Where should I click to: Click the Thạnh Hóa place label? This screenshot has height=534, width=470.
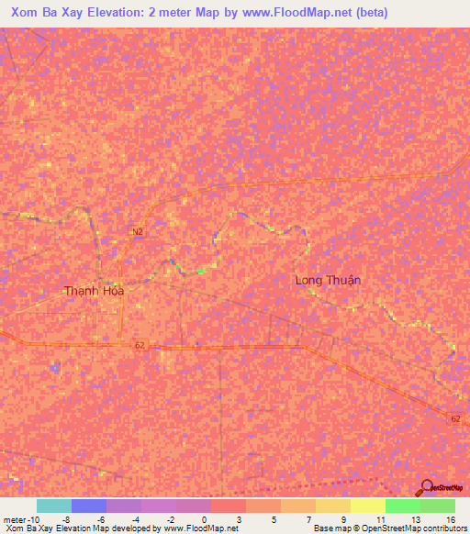coord(94,291)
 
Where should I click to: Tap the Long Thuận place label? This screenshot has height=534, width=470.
coord(328,280)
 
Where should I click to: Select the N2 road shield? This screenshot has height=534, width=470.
coord(138,231)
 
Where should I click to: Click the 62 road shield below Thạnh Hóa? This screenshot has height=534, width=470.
coord(140,345)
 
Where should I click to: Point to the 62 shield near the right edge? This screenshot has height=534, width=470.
coord(456,418)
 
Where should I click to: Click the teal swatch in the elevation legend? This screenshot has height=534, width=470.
coord(54,506)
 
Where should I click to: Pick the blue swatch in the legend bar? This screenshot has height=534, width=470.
coord(89,506)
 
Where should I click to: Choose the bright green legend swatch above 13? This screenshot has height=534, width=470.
coord(402,506)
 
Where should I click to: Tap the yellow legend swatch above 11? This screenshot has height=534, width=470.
coord(367,506)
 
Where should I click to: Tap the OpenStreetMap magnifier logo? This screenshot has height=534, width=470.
coord(427,488)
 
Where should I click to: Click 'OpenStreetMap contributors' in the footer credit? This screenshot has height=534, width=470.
coord(415,528)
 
